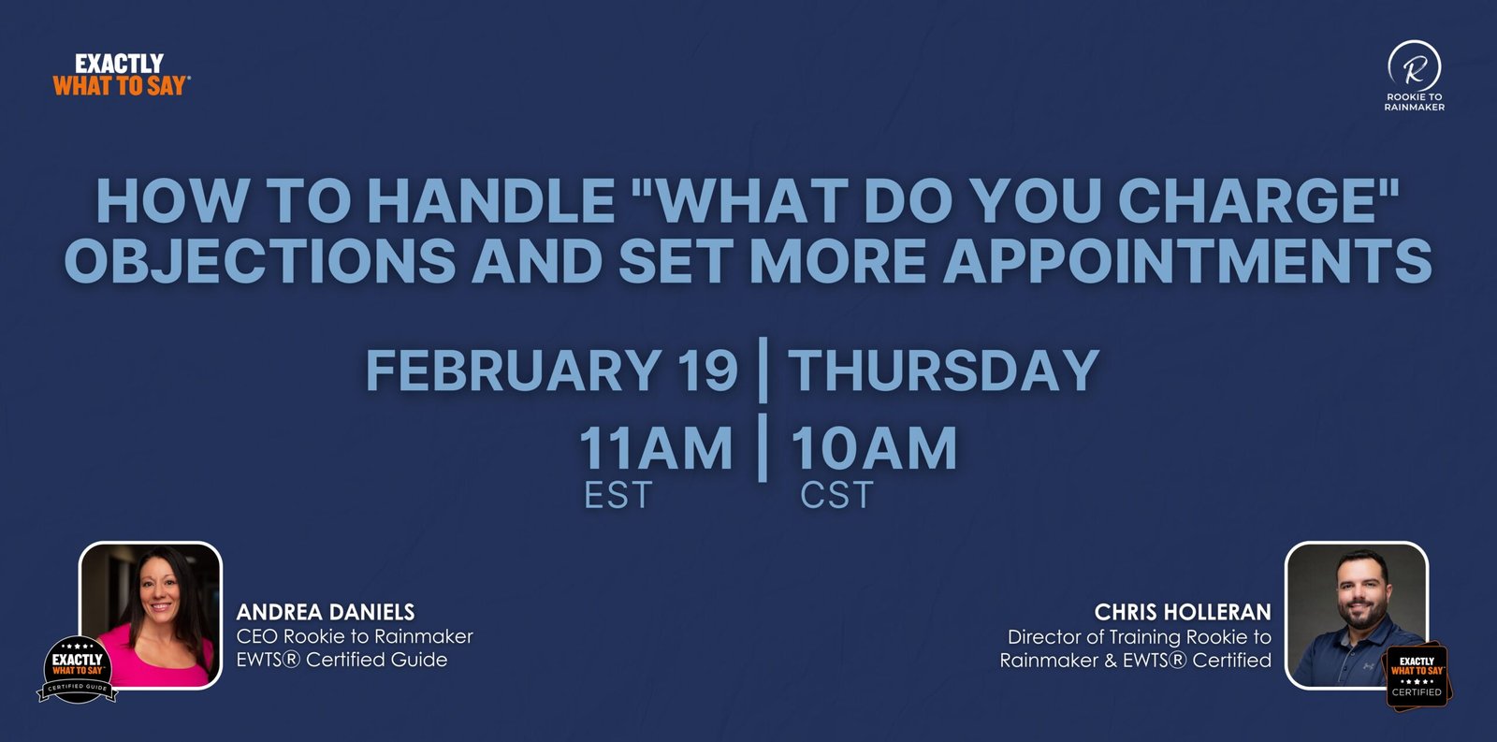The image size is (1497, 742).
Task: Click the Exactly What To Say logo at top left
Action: coord(121,75)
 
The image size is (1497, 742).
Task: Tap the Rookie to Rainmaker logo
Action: coord(1414,75)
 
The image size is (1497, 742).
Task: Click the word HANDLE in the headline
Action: coord(491,200)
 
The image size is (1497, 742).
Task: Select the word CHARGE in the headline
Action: coord(1251,200)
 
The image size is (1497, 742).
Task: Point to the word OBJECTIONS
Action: coord(260,261)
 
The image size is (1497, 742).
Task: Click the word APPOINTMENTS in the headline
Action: coord(1187,261)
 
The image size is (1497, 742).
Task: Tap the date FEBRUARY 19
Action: coord(552,371)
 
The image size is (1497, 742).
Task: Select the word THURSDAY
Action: coord(944,371)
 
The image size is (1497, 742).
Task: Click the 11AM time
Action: coord(656,448)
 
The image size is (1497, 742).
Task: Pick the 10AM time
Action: coord(874,448)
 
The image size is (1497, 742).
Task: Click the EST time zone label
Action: coord(618,495)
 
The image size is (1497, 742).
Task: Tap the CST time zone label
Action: coord(836,495)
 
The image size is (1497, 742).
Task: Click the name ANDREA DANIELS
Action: coord(326,612)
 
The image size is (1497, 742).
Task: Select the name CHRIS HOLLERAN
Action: coord(1183,612)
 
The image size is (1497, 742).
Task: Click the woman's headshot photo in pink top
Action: coord(151,615)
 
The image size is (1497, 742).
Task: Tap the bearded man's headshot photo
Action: coord(1357,615)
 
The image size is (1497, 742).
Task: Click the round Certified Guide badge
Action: coord(78,669)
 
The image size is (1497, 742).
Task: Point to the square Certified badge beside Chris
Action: coord(1417,676)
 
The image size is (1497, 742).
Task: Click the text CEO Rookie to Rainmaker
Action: coord(355,636)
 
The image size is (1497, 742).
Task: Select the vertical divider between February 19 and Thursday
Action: coord(763,371)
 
